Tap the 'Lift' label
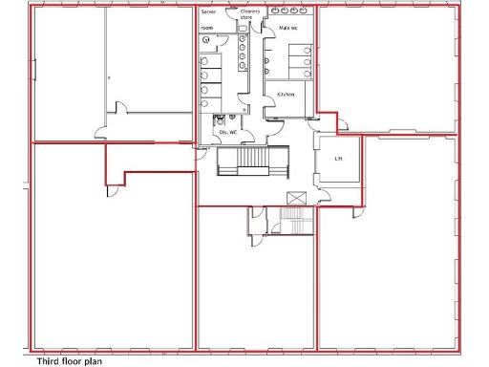[x=338, y=158]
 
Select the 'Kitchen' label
[x=286, y=96]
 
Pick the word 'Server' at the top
[x=208, y=12]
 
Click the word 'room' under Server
[x=207, y=29]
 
